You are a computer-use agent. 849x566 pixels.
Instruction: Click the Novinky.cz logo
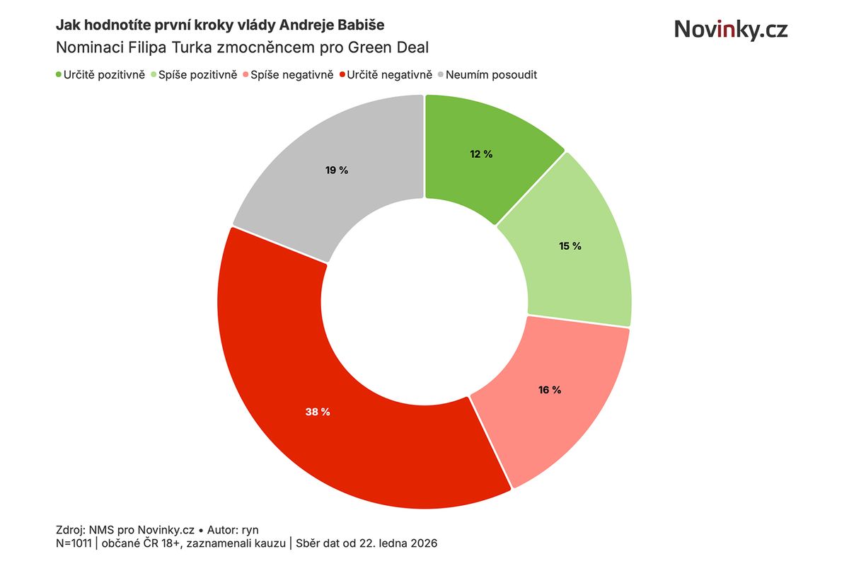(730, 30)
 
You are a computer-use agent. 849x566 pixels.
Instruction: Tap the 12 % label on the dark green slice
(481, 154)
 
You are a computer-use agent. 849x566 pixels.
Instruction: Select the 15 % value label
(570, 246)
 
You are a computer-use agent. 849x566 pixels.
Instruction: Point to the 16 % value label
(550, 390)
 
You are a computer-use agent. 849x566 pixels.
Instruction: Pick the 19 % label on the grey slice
(337, 170)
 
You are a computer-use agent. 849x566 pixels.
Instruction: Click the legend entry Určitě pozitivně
(105, 74)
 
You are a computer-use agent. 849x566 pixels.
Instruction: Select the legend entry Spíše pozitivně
(197, 74)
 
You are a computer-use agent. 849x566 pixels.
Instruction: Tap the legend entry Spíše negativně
(292, 74)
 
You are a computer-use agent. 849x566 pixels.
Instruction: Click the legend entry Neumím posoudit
(491, 74)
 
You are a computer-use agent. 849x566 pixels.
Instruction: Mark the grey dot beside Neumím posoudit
(440, 74)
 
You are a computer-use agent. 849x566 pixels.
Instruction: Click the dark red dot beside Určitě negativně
(343, 74)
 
